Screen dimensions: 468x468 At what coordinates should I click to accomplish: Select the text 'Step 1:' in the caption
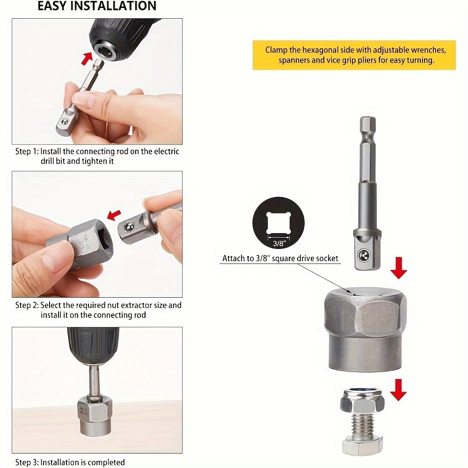point(27,152)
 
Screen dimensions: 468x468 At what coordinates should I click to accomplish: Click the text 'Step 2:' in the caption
point(27,305)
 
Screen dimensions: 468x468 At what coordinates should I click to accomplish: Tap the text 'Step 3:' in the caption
point(27,462)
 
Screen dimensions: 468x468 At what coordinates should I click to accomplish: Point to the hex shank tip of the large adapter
point(367,126)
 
